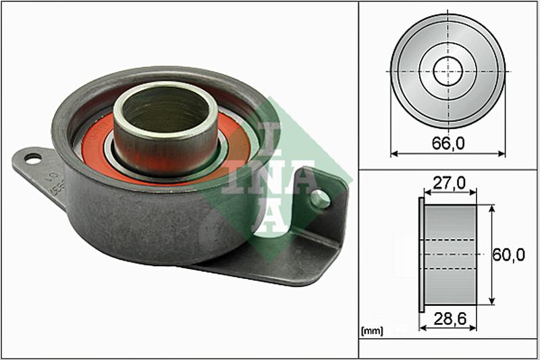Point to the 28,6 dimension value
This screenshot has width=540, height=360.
[x=448, y=317]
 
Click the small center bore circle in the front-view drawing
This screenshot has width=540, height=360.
[x=448, y=72]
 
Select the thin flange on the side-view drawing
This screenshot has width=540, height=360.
[x=422, y=255]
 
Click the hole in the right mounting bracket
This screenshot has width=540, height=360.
[x=321, y=199]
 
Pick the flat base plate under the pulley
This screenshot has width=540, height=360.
[x=270, y=267]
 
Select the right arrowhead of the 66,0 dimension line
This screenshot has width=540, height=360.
[x=503, y=153]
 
